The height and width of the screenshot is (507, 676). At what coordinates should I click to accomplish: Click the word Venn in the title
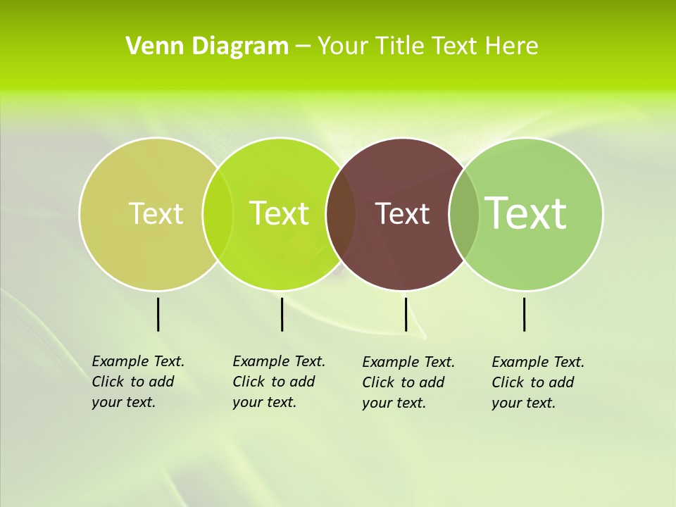(149, 46)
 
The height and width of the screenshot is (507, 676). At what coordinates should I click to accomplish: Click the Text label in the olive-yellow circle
(156, 213)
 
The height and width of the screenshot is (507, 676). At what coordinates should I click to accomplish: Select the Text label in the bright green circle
(279, 213)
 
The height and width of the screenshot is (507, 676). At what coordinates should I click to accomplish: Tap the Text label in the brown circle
(402, 213)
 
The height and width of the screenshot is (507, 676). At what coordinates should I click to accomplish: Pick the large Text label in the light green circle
(525, 213)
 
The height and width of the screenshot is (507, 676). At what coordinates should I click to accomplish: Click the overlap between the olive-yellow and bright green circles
(218, 213)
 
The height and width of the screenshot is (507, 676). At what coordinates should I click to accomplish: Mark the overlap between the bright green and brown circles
(341, 213)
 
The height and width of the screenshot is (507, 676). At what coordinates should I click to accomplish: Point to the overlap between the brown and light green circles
(464, 213)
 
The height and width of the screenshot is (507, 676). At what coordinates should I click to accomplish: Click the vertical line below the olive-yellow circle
(158, 314)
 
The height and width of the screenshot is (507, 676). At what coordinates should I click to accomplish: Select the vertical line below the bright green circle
(282, 314)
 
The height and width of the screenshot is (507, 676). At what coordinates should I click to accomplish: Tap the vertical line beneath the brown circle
(406, 314)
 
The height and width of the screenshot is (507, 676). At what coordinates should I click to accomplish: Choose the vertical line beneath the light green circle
(525, 314)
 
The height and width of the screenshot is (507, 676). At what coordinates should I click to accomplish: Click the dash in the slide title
(303, 47)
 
